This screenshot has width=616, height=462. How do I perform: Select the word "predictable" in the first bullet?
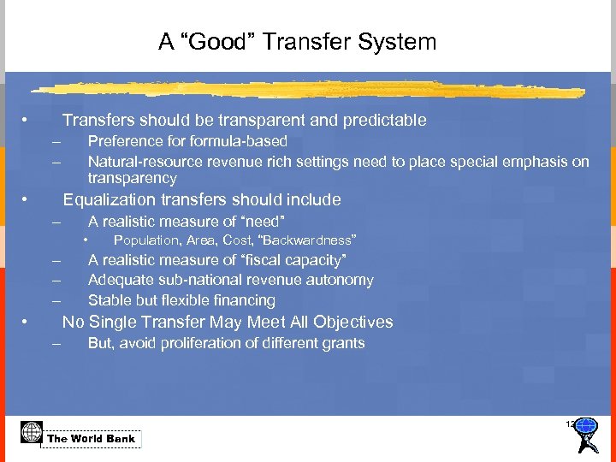point(384,121)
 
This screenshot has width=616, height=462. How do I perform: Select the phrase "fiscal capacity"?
point(295,260)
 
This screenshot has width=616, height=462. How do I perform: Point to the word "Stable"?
point(110,300)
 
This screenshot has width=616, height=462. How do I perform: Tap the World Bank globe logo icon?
point(32,432)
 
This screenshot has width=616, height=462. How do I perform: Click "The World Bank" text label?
point(92,439)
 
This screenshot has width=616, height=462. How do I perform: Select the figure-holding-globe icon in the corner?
point(586,434)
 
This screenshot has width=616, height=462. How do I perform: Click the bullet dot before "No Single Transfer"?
point(27,322)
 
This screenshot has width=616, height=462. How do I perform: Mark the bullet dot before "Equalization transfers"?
point(27,200)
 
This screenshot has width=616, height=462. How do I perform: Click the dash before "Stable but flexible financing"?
point(56,300)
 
